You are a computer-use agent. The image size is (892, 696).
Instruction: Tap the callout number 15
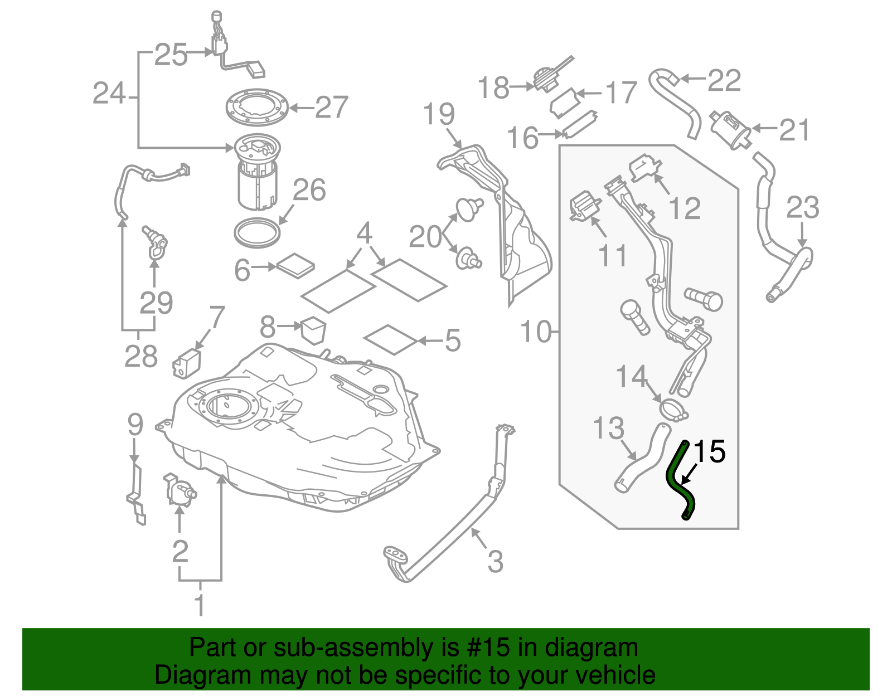(x=709, y=451)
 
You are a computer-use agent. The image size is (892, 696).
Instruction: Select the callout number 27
(x=332, y=107)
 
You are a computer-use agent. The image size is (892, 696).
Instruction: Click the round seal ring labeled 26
(x=257, y=232)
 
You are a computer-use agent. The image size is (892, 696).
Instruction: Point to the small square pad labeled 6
(x=295, y=266)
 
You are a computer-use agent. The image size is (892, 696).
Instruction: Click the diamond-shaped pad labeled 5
(x=390, y=339)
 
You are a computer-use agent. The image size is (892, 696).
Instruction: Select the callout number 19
(x=439, y=114)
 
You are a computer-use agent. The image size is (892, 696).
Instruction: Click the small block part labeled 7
(x=187, y=363)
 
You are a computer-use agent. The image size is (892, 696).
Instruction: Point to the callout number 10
(x=536, y=332)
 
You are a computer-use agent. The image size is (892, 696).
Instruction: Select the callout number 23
(x=802, y=207)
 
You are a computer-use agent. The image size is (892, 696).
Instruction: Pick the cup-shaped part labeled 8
(x=313, y=329)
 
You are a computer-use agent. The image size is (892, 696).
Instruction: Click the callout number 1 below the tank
(x=199, y=605)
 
